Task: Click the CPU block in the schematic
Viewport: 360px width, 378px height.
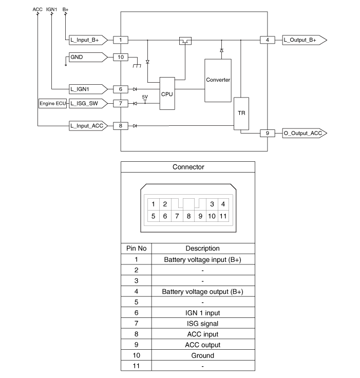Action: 167,94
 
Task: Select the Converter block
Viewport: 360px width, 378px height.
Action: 218,80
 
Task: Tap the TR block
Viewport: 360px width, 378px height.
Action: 240,114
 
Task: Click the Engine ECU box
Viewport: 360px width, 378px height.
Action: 53,104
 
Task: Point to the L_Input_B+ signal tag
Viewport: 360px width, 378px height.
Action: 86,40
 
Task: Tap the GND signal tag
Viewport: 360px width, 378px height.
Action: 86,57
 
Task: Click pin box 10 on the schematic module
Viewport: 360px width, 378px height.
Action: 121,57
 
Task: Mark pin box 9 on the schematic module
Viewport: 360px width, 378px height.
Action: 267,133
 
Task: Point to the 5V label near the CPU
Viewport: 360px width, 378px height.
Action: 145,97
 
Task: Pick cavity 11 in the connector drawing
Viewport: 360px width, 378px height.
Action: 223,216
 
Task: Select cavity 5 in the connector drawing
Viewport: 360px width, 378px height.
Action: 153,216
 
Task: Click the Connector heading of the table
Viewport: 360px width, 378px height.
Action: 188,167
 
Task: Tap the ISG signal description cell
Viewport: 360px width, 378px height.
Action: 202,324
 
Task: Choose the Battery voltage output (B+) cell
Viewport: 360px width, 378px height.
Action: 202,292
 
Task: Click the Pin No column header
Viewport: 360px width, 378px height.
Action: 136,249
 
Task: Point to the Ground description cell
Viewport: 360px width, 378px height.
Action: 202,355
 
